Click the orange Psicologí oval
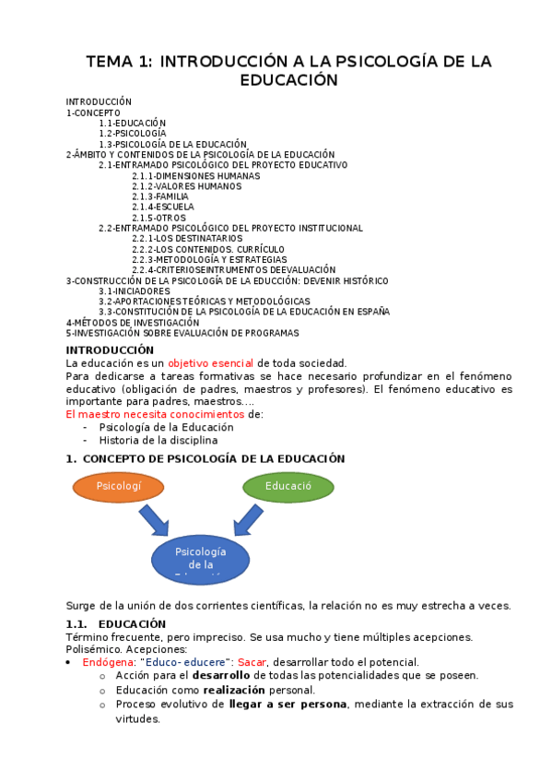tap(117, 486)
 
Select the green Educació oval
tap(288, 486)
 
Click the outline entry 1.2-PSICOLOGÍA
tap(126, 134)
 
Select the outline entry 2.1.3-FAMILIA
tap(159, 196)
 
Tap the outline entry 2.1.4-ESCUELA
tap(160, 207)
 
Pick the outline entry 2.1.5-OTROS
tap(159, 218)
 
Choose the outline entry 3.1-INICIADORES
tap(135, 290)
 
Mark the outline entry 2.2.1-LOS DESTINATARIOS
tap(184, 239)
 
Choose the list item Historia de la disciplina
tap(159, 440)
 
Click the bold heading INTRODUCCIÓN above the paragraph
tap(110, 350)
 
